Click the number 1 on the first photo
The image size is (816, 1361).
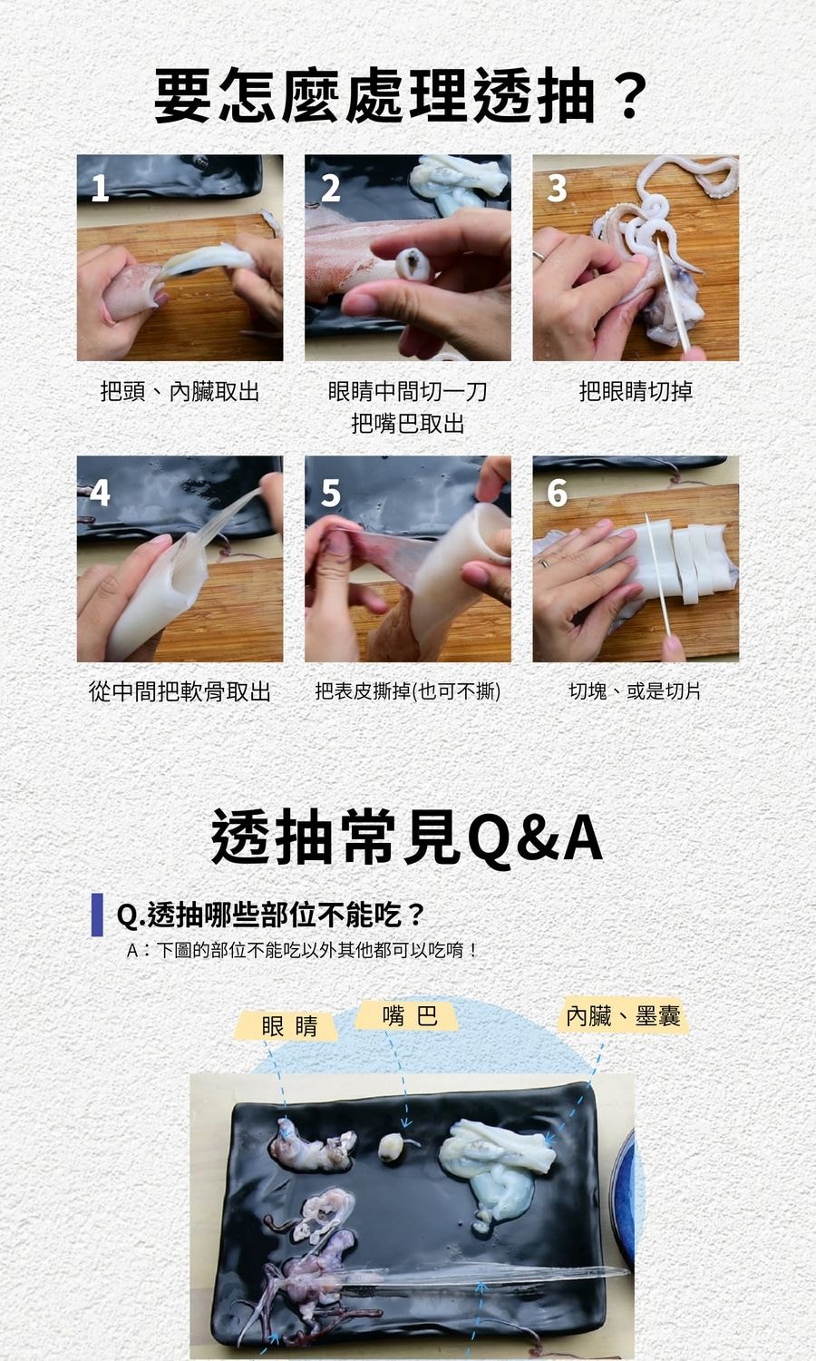tap(100, 188)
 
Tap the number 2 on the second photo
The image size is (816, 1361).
tap(330, 188)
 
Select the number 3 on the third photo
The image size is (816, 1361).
tap(557, 188)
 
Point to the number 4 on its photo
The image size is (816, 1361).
tap(100, 492)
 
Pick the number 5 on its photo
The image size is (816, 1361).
tap(330, 492)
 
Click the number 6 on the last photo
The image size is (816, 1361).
tap(557, 492)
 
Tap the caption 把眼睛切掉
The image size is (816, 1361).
tap(636, 391)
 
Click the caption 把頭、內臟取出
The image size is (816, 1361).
tap(180, 391)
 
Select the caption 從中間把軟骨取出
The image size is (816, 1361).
tap(180, 691)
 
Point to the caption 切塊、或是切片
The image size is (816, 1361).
tap(635, 691)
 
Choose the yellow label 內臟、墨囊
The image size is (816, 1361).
tap(623, 1015)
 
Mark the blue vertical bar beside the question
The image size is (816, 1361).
tap(97, 915)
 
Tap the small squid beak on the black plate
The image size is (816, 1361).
tap(391, 1147)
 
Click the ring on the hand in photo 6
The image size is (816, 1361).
tap(544, 563)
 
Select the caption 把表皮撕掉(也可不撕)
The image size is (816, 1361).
tap(407, 691)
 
